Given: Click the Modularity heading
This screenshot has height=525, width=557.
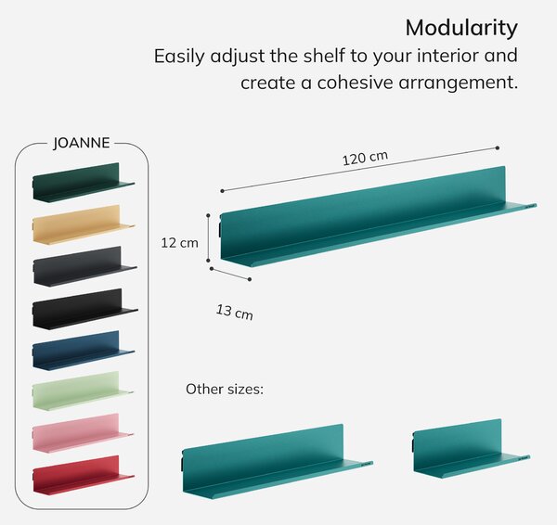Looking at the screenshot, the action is [x=461, y=28].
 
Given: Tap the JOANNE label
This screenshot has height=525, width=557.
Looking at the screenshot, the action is [x=82, y=143].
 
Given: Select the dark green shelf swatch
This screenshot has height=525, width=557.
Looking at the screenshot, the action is [x=84, y=183].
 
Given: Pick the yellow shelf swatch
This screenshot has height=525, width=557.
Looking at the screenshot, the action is [x=84, y=224].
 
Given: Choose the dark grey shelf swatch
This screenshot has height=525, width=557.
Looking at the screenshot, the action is [x=84, y=266].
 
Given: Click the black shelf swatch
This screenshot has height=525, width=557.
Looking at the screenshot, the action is [x=84, y=309].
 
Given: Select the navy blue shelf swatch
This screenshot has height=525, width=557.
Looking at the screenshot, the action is [x=84, y=351].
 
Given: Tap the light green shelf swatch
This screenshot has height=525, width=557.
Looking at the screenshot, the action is [x=83, y=391].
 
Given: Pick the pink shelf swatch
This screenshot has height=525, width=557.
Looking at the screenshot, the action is [x=83, y=433].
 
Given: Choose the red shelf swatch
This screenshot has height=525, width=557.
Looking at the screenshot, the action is [x=84, y=475].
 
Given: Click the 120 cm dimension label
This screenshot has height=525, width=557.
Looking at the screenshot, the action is [x=365, y=159].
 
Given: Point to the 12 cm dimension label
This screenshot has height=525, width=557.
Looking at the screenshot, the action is [x=179, y=243].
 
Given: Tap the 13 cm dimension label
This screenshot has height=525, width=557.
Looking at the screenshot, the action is [x=235, y=312].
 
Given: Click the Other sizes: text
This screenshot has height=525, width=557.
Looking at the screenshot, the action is [x=225, y=389].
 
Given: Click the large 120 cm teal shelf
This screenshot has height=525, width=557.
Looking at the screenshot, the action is [x=378, y=216].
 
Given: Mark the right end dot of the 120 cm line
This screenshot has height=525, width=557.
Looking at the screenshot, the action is [x=498, y=147].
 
